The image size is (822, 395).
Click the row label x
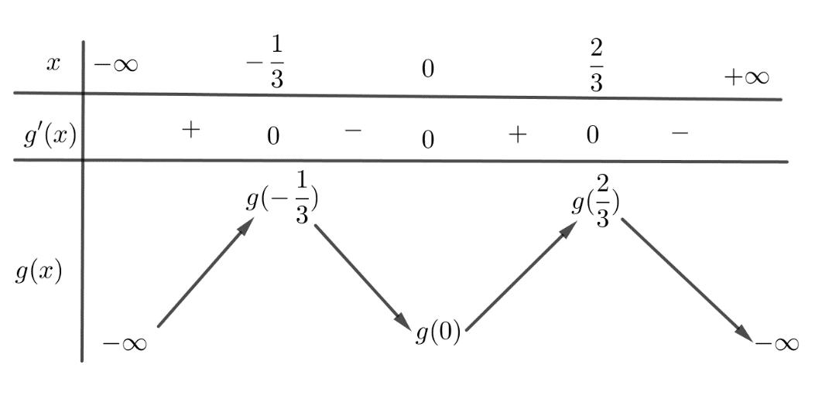(x=53, y=64)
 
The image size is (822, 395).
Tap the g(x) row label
(x=38, y=272)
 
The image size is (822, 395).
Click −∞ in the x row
(x=116, y=65)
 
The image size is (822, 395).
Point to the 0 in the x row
(x=427, y=69)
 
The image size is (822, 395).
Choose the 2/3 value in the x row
(x=595, y=66)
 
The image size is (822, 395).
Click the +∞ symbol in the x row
(x=747, y=77)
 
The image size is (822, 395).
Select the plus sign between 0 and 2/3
(x=517, y=135)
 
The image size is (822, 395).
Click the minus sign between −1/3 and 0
(x=352, y=131)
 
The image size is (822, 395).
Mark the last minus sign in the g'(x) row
(x=679, y=134)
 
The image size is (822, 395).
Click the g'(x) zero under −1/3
(x=272, y=136)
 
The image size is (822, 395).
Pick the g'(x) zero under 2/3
(x=592, y=135)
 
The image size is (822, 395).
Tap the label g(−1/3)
(x=282, y=202)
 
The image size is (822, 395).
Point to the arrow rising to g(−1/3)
(x=205, y=271)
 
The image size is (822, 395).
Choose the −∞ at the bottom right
(x=776, y=343)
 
